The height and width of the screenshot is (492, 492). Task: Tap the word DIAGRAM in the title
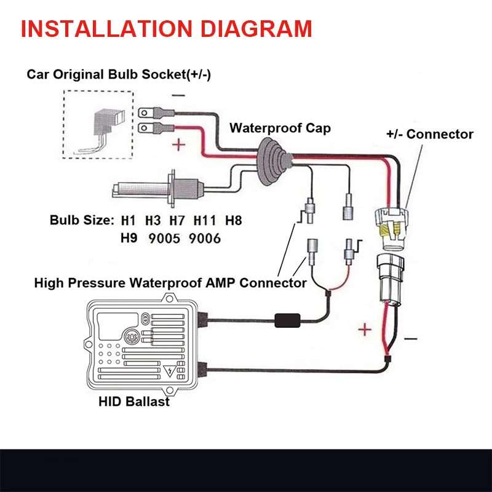(x=261, y=28)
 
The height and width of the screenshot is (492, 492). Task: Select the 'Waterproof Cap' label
(x=280, y=128)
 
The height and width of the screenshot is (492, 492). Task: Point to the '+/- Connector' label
(x=430, y=134)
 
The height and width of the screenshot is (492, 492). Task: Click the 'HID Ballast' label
(x=134, y=402)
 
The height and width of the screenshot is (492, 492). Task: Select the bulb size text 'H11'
(x=205, y=220)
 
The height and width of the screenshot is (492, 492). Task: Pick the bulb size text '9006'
(x=205, y=237)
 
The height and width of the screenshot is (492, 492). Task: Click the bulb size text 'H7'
(x=179, y=220)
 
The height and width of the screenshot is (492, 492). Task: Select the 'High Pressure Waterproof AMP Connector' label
(x=170, y=283)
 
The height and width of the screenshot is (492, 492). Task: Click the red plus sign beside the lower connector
(x=365, y=330)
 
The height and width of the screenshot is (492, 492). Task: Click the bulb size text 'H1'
(x=129, y=220)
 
